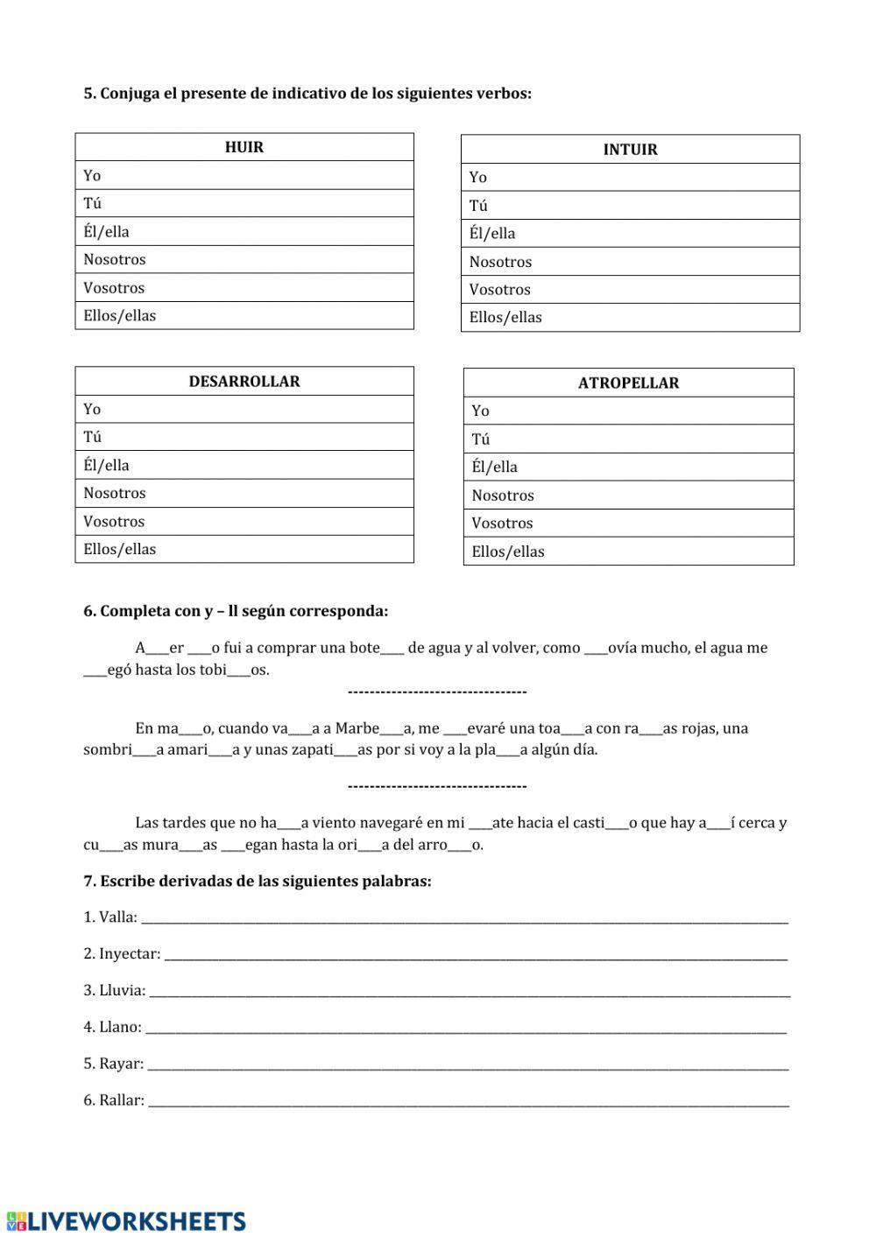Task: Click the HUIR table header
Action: (244, 147)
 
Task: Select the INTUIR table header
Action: (630, 150)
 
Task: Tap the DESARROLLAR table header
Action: (244, 382)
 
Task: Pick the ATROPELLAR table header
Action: (628, 383)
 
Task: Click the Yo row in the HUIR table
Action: (244, 176)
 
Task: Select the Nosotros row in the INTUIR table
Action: (630, 262)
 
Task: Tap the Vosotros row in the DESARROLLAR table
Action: (244, 522)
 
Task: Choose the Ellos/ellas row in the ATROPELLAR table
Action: (628, 552)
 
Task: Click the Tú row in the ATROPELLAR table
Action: (628, 439)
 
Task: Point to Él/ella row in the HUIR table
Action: (244, 232)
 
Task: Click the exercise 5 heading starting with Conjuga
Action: (307, 94)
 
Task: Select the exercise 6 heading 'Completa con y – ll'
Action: (236, 611)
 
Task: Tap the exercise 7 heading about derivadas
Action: (258, 882)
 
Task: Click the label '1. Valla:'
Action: (110, 917)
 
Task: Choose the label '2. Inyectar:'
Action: (122, 954)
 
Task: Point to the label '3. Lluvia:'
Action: (114, 991)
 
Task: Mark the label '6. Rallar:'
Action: (114, 1100)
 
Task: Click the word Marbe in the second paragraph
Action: (357, 728)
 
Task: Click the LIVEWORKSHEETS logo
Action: (126, 1221)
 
